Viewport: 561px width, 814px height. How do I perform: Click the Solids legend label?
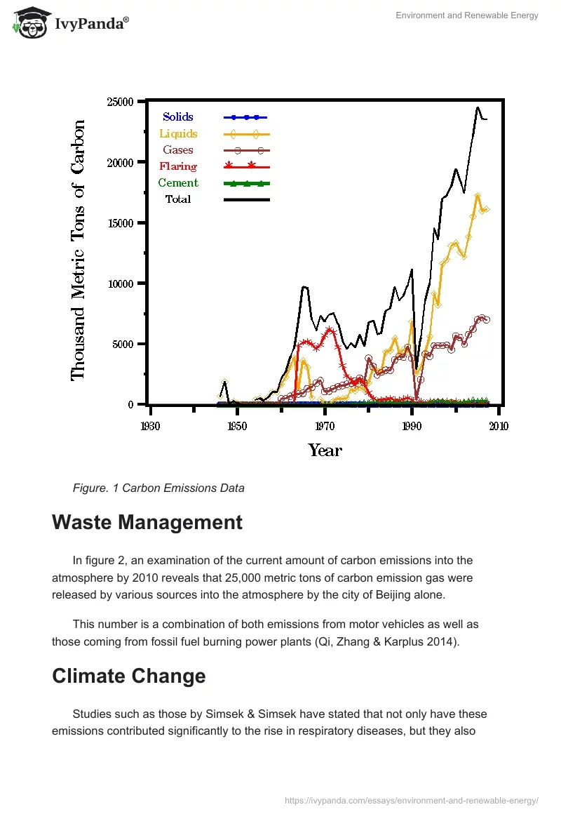178,117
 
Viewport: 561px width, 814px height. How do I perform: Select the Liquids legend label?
178,133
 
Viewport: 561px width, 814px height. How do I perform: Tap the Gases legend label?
178,149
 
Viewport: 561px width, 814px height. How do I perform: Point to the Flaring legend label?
178,166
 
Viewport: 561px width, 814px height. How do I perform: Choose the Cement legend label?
178,182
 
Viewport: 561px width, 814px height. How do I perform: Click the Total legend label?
178,199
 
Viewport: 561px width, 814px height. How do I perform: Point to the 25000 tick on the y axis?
120,102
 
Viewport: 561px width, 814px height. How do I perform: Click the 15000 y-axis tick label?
120,223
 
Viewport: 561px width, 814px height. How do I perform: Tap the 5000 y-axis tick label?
123,345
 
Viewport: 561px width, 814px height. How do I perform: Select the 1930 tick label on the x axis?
149,426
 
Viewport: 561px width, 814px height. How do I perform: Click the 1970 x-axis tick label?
325,426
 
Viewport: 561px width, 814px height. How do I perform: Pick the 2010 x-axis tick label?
499,426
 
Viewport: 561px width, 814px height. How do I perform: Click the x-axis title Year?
325,451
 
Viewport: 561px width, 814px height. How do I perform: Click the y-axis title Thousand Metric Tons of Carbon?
78,251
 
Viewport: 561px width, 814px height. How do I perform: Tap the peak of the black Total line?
478,107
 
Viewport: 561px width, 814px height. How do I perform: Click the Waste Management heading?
147,523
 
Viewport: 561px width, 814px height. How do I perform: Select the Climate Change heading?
129,676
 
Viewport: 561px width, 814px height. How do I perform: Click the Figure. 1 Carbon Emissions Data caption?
158,488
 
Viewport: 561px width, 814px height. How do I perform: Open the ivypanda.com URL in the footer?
412,800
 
